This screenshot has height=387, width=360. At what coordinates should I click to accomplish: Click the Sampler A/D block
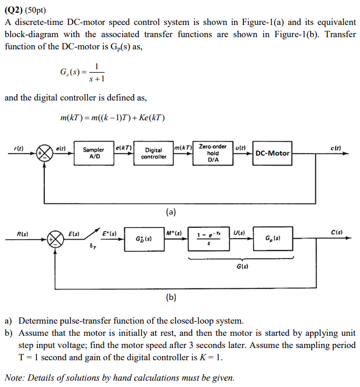pyautogui.click(x=95, y=153)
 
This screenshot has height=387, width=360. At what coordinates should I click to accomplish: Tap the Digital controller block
pyautogui.click(x=154, y=153)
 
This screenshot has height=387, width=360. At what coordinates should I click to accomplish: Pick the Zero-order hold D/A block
pyautogui.click(x=213, y=153)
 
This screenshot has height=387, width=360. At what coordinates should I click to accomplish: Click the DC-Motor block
pyautogui.click(x=272, y=153)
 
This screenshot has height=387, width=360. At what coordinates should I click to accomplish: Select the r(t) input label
pyautogui.click(x=19, y=148)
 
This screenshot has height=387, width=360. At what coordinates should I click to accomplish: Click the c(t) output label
pyautogui.click(x=336, y=148)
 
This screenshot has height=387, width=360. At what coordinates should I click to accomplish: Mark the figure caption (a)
pyautogui.click(x=171, y=212)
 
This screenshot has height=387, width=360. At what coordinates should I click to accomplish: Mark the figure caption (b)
pyautogui.click(x=171, y=298)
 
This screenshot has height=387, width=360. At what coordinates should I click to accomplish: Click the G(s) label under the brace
pyautogui.click(x=239, y=267)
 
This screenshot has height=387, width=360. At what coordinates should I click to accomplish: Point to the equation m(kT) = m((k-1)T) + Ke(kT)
pyautogui.click(x=113, y=118)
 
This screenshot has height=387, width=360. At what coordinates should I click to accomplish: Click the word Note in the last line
pyautogui.click(x=15, y=378)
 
